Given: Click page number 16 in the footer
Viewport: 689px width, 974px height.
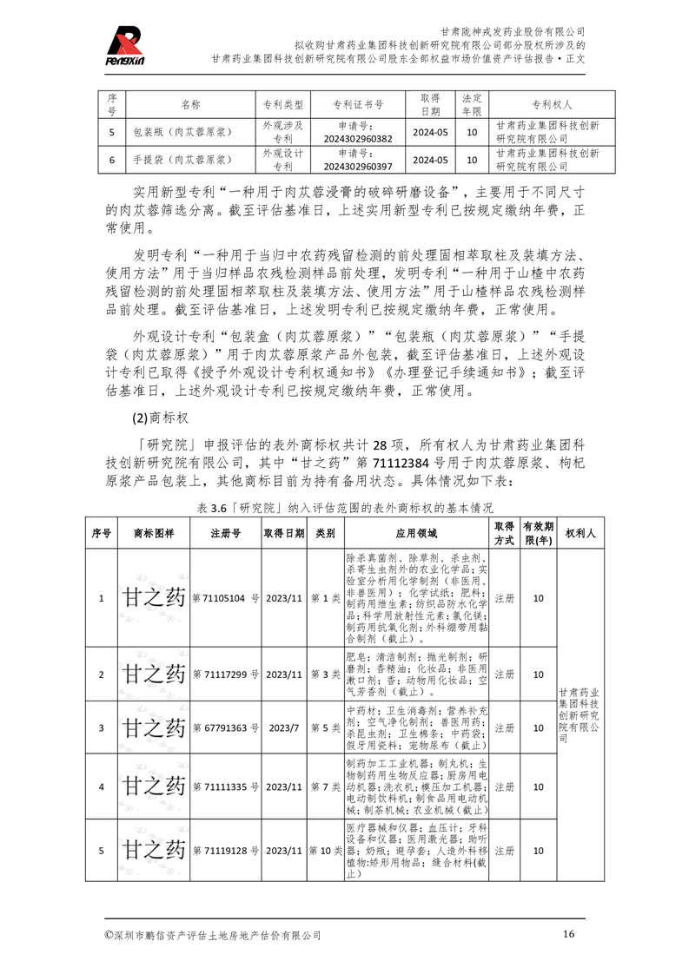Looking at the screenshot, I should (x=569, y=934).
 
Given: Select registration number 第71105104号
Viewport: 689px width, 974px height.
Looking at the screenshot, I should (x=225, y=598).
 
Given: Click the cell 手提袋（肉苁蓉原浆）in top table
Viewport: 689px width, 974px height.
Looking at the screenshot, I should (x=181, y=161).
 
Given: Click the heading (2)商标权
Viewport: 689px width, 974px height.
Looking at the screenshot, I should (x=161, y=418).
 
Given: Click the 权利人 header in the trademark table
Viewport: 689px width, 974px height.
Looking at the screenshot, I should (x=579, y=533).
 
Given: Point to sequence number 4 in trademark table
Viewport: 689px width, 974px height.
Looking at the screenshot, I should (x=101, y=786).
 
